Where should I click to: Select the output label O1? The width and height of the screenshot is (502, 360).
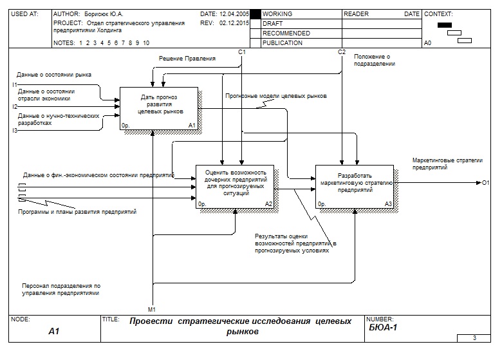486,184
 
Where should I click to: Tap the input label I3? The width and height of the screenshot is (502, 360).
14,131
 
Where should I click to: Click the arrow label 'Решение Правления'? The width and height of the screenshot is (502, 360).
187,59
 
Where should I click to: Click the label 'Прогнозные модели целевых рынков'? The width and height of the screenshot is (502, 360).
276,96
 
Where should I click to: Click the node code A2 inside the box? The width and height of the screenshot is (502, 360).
269,204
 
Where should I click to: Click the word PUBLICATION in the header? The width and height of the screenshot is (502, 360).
283,43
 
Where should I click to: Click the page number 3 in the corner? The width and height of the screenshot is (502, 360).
474,338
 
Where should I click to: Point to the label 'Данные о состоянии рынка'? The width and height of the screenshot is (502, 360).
54,75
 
